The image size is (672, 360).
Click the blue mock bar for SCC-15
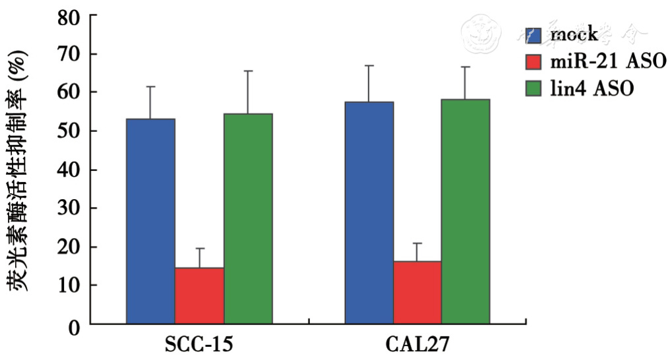click(x=150, y=221)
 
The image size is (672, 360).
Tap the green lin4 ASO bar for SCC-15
click(x=248, y=218)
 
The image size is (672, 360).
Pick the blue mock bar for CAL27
click(x=369, y=212)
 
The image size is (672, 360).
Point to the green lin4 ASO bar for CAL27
click(x=466, y=211)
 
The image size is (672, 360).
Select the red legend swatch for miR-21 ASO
click(x=534, y=61)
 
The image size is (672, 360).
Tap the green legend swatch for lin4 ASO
click(x=534, y=88)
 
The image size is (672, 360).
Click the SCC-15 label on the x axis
click(x=199, y=346)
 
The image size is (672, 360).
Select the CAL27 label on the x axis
click(x=417, y=346)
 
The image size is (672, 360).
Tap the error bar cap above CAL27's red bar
click(x=417, y=243)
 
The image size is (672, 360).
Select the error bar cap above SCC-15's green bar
click(x=248, y=71)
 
